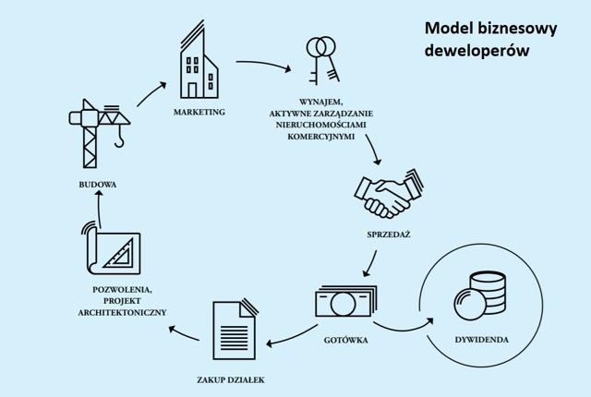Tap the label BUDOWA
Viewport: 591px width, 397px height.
[98, 185]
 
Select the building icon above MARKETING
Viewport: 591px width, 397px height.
[199, 59]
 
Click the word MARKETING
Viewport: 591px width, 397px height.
[199, 113]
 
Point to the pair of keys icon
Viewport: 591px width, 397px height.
[322, 60]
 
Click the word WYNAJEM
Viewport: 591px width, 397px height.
[321, 102]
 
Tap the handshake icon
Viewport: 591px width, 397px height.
[389, 194]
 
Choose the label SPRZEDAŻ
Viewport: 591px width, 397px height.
[389, 235]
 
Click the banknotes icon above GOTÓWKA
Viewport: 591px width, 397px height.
[346, 301]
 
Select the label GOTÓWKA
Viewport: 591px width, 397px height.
[345, 340]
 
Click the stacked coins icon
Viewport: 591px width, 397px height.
[479, 296]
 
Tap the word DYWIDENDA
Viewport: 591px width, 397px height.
[482, 340]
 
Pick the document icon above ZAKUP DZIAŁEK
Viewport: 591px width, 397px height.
[235, 329]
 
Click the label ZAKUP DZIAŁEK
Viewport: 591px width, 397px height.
[231, 380]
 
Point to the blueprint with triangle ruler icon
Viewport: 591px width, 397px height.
[111, 247]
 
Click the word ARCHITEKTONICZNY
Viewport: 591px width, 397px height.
[122, 313]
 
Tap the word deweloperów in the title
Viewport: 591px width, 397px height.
[476, 51]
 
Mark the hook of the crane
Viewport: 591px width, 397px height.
[119, 138]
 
